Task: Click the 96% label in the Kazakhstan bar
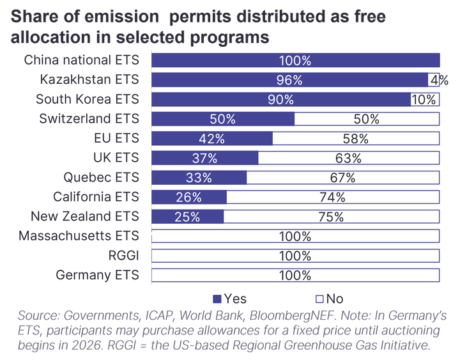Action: point(289,80)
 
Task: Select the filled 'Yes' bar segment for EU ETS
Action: point(212,138)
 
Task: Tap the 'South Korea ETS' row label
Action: point(88,99)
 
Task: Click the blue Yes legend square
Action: point(217,299)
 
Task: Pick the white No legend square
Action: point(319,299)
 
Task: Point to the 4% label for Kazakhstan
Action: point(440,80)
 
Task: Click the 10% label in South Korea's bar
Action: point(424,100)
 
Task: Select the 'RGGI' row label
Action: point(123,255)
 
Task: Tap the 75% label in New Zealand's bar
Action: point(331,217)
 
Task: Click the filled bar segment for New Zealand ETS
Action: point(187,216)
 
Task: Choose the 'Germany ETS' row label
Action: point(97,275)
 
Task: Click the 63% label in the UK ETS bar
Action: point(348,159)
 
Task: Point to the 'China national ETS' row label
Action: point(82,60)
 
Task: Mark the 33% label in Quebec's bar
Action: point(199,178)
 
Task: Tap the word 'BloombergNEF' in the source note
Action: point(292,316)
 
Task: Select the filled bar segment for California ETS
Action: point(189,197)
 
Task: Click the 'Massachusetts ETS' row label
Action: point(79,236)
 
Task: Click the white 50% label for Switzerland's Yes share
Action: point(223,119)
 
